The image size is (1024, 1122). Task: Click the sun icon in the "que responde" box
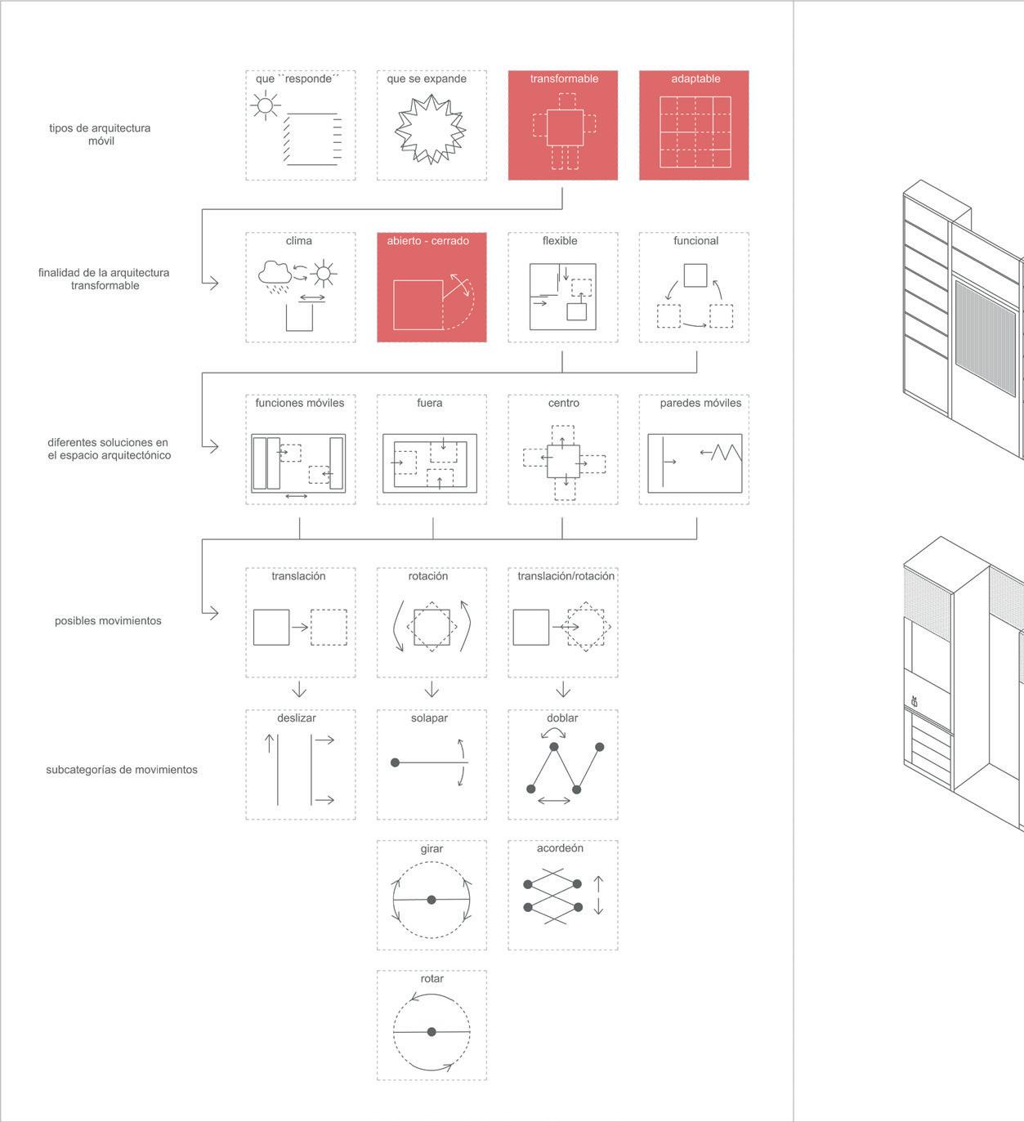tap(265, 105)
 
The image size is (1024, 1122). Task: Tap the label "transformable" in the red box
tap(564, 78)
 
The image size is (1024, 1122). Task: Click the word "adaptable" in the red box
tap(695, 78)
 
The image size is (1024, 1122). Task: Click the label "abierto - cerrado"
tap(428, 241)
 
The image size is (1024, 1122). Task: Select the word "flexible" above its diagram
tap(560, 241)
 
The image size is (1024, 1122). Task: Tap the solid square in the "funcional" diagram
tap(695, 275)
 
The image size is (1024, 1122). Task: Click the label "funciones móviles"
tap(300, 403)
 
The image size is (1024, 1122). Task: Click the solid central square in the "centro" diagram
tap(563, 461)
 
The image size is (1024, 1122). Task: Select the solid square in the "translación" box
tap(271, 627)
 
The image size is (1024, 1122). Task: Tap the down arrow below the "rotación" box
tap(432, 688)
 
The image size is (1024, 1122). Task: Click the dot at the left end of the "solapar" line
tap(396, 762)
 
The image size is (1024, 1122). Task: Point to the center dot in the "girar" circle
tap(432, 900)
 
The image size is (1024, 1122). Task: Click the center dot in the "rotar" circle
tap(432, 1032)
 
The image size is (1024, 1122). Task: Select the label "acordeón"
tap(560, 848)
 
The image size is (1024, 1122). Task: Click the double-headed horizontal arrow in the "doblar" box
tap(554, 801)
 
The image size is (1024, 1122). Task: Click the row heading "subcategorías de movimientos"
tap(122, 770)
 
